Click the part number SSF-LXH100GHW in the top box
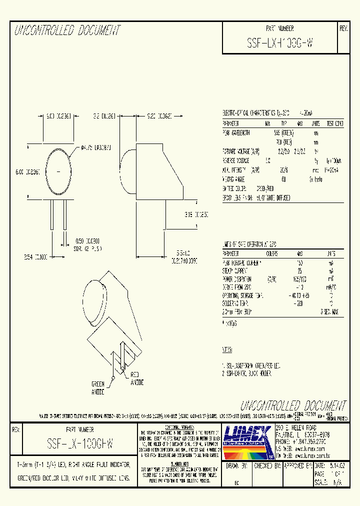280,43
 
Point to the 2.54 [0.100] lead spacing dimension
35,256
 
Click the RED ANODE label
137,378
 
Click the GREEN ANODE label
97,388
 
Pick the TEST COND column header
334,123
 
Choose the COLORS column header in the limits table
272,254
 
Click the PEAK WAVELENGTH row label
236,133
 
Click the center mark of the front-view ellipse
60,171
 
